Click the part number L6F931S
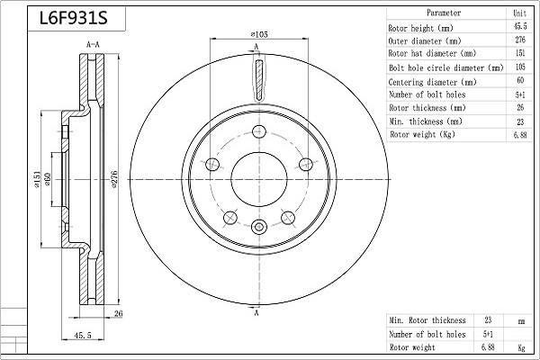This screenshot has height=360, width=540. (x=74, y=18)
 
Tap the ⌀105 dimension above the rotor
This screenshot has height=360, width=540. (x=259, y=34)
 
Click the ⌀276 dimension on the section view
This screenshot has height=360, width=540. (x=114, y=179)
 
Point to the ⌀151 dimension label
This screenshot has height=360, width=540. (x=37, y=179)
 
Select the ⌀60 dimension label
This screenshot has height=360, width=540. (x=47, y=179)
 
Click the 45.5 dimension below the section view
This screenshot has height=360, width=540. (x=83, y=335)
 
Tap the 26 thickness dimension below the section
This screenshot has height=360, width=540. (x=118, y=313)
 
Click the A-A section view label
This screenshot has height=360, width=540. (x=93, y=44)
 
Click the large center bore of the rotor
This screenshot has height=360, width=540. (x=259, y=179)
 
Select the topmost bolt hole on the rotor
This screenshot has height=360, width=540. (x=259, y=131)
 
